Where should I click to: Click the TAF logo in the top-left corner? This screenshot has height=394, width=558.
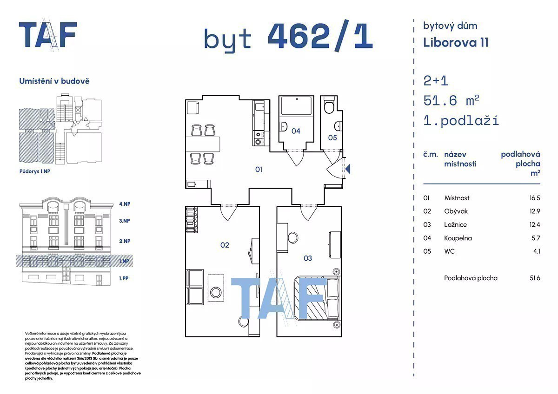click(x=48, y=34)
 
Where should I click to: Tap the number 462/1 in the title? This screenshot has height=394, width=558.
click(x=320, y=36)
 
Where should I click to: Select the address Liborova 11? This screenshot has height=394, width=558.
click(x=456, y=43)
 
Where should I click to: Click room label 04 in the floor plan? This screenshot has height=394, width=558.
click(x=296, y=131)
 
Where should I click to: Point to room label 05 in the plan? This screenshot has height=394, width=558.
click(x=332, y=138)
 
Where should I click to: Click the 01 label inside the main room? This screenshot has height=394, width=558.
click(x=259, y=170)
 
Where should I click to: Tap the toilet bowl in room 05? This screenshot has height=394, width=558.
click(x=329, y=107)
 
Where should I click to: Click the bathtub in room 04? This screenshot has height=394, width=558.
click(x=296, y=105)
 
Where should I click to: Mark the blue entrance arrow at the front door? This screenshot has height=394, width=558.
click(x=348, y=169)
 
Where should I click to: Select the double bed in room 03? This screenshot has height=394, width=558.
click(x=316, y=298)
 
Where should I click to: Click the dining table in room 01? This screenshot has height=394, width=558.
click(x=203, y=144)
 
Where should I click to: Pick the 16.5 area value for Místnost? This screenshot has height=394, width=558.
click(x=535, y=198)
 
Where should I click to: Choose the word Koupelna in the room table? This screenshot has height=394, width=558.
click(x=458, y=238)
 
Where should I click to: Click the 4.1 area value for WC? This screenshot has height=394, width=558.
click(x=537, y=251)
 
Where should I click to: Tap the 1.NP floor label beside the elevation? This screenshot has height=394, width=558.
click(x=124, y=261)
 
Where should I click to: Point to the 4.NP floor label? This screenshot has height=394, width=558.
click(x=125, y=204)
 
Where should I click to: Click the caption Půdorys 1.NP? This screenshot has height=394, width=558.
click(x=34, y=171)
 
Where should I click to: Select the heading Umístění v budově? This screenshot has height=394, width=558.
click(x=54, y=81)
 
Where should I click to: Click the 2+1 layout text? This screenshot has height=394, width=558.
click(x=436, y=81)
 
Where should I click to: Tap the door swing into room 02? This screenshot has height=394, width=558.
click(x=228, y=213)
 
